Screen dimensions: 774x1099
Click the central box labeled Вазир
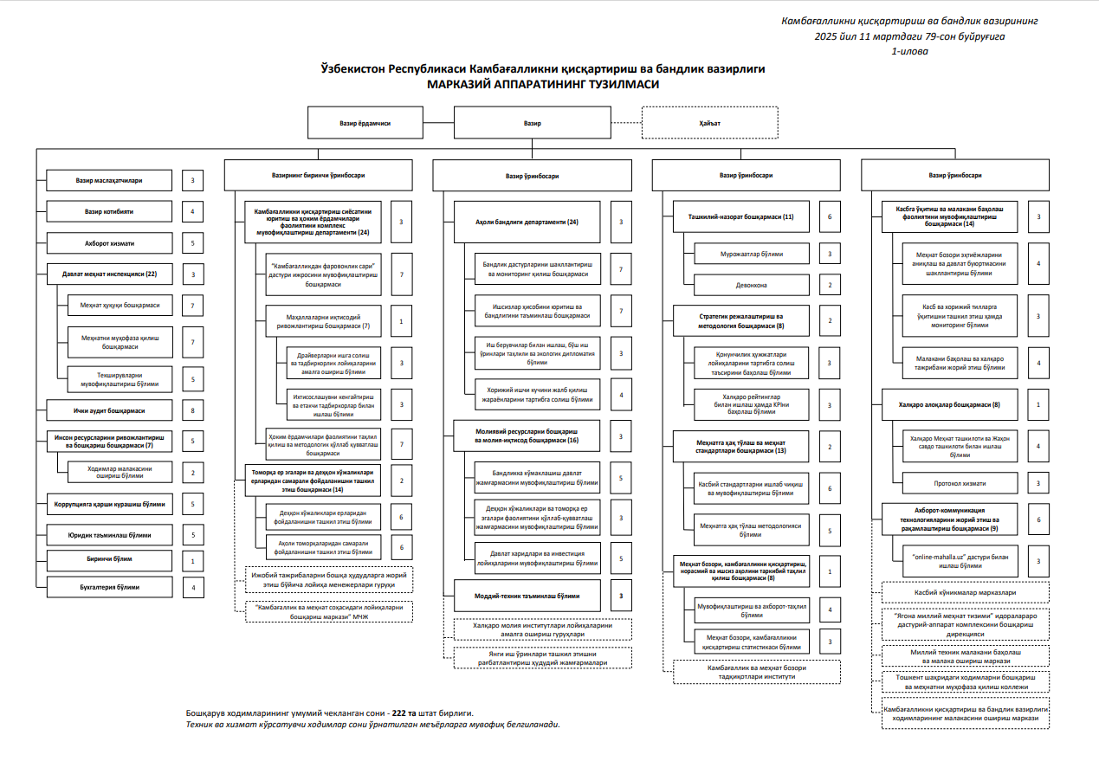[532, 123]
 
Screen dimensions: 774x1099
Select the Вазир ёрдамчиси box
[365, 123]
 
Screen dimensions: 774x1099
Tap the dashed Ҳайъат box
[709, 123]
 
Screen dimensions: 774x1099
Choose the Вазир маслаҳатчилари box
[108, 181]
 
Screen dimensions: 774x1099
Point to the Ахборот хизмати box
[108, 243]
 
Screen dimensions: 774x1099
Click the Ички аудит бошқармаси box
[108, 410]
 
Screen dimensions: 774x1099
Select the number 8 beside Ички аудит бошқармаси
[192, 410]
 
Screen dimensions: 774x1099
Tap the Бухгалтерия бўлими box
[108, 587]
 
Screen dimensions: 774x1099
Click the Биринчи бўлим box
[108, 559]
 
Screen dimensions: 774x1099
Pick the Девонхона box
[751, 285]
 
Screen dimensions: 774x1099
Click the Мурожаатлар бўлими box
[751, 254]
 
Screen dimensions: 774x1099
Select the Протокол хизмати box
[959, 482]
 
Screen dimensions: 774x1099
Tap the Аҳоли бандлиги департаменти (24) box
[527, 223]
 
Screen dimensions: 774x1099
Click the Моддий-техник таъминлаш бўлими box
[527, 596]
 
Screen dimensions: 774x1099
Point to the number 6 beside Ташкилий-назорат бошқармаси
[829, 216]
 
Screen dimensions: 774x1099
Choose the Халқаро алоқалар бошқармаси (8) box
[949, 404]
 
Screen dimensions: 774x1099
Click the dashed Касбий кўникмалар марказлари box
[965, 592]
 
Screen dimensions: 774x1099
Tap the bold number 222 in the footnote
[400, 713]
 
